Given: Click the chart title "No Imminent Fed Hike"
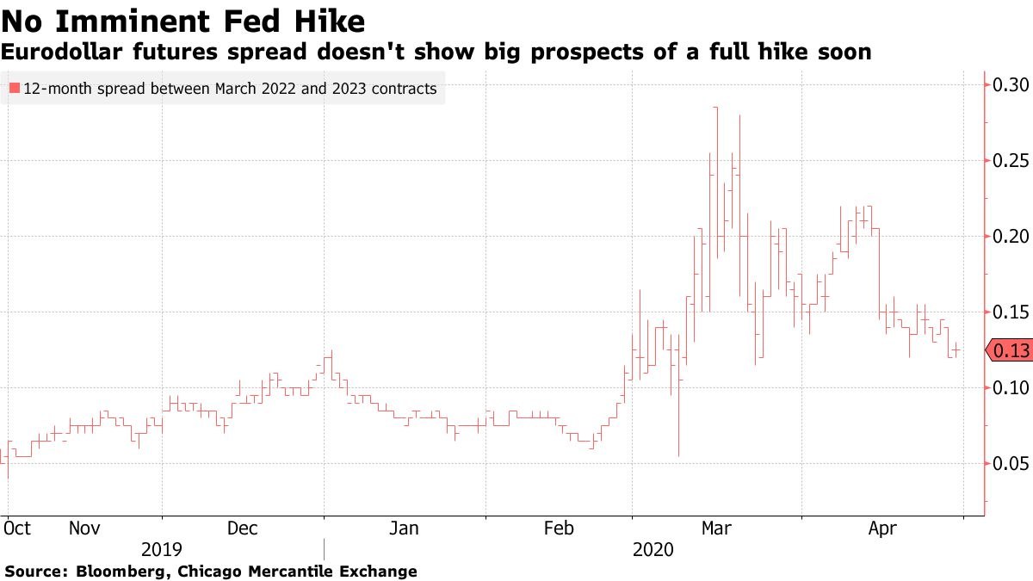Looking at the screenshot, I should coord(183,21).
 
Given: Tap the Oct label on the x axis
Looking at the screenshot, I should coord(17,528).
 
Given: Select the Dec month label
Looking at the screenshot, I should coord(243,528).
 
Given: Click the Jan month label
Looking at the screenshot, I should coord(404,528).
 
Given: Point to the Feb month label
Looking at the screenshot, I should coord(560,528).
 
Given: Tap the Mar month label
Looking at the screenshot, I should coord(717,528).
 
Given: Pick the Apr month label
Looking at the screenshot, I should coord(881,528).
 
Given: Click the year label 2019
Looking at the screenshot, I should coord(162,549).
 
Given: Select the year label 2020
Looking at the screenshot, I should coord(654,549).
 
